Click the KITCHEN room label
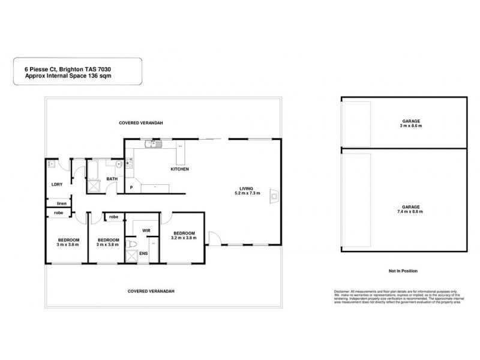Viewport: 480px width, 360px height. coord(180,170)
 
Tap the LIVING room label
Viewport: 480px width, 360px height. coord(247,188)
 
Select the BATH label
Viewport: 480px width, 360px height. coord(112,179)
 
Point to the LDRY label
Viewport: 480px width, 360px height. coord(58,184)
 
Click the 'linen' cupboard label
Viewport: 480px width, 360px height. coord(61,203)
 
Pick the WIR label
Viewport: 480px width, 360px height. coord(146,230)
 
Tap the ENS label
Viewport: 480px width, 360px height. coord(143,254)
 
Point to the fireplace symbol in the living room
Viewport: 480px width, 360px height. coord(274,194)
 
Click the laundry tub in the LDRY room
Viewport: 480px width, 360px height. coord(53,164)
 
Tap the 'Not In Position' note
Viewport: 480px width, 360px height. coord(403,271)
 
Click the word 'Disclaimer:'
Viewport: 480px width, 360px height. coord(344,290)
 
